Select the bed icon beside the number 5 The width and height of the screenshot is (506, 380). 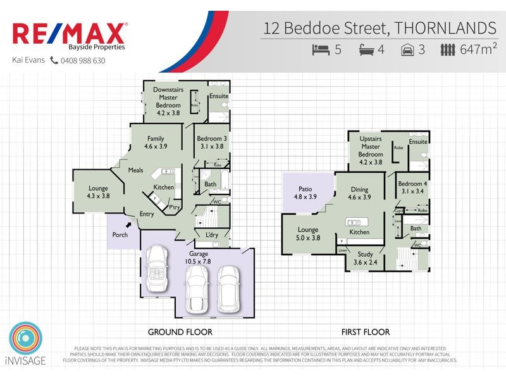[321, 49]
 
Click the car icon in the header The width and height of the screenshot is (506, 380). [407, 49]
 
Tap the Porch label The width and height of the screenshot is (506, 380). [120, 234]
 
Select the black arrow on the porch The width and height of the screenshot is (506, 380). [130, 224]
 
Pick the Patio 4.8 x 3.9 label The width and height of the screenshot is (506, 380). [305, 192]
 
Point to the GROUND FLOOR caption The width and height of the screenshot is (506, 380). [180, 331]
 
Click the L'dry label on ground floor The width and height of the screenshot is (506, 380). [212, 235]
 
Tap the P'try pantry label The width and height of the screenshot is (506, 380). [173, 207]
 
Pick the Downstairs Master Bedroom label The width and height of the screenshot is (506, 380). [168, 101]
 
